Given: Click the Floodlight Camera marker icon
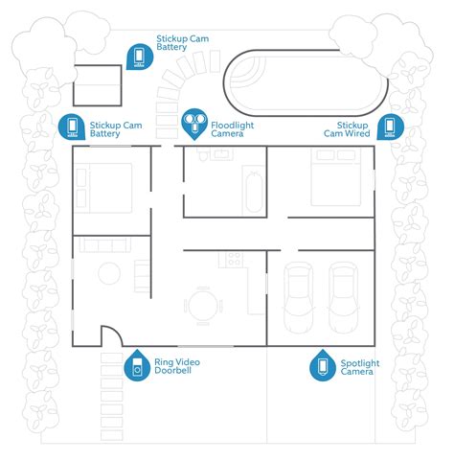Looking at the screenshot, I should (x=196, y=123).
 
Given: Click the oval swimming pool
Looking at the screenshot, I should (x=304, y=84).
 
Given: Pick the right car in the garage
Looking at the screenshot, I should (x=344, y=296).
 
